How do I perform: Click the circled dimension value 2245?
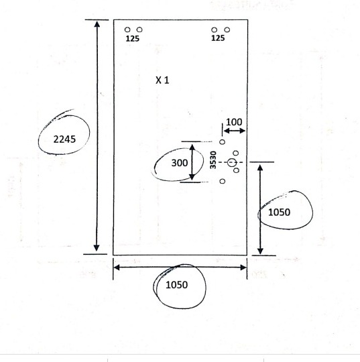(64, 139)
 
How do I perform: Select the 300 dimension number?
(180, 163)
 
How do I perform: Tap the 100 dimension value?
(234, 122)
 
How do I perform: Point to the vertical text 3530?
(213, 160)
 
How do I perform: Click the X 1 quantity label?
(162, 80)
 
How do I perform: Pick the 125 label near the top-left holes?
(132, 39)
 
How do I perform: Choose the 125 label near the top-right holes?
(218, 38)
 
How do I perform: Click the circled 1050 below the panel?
(177, 285)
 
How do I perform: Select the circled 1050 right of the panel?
(279, 213)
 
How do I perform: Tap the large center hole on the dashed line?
(231, 162)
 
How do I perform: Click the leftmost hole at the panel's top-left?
(127, 29)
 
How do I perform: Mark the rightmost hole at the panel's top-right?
(227, 29)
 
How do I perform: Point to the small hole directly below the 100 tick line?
(222, 142)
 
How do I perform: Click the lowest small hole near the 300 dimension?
(222, 181)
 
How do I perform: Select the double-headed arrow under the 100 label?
(235, 131)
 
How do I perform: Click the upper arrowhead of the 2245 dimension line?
(97, 23)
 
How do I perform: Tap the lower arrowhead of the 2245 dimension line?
(97, 248)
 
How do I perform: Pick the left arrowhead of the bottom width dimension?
(117, 267)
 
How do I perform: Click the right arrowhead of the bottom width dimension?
(243, 267)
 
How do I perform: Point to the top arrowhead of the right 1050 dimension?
(260, 168)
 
